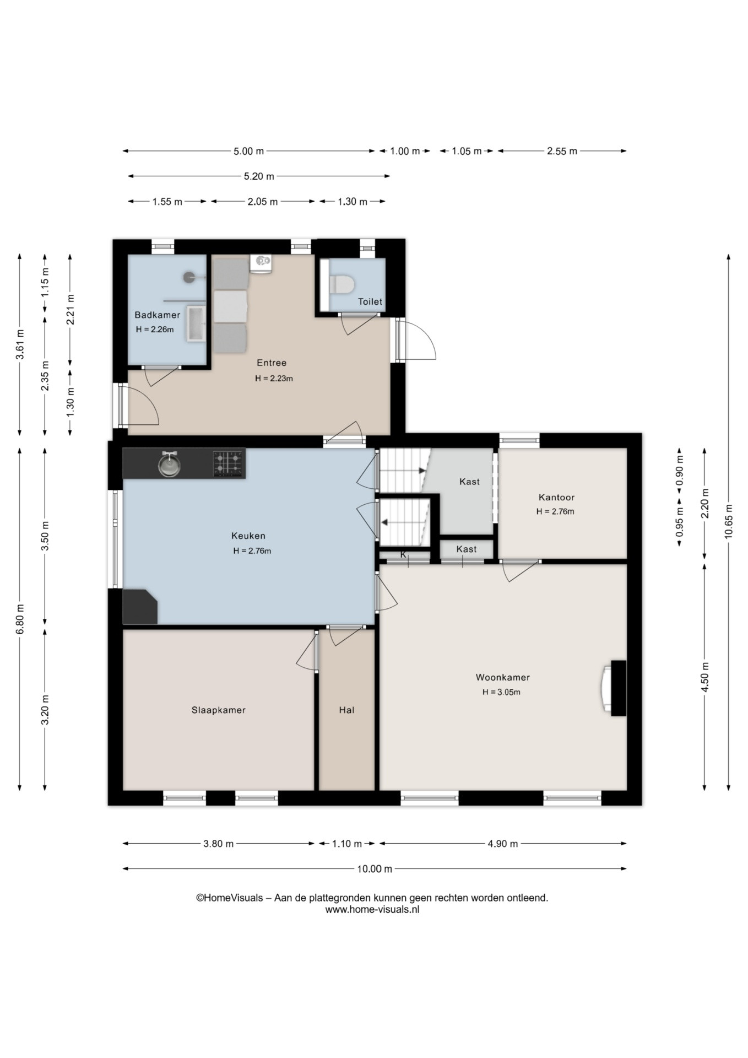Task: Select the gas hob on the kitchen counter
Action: pos(227,463)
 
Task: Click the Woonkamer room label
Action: pos(503,677)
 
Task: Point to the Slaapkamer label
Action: pos(219,710)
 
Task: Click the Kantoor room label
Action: pos(556,497)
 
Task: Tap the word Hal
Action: pos(346,710)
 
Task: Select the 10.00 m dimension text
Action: pos(375,868)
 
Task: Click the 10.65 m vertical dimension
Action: pos(729,521)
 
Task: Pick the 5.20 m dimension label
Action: pos(259,176)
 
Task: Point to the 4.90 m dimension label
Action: pos(503,843)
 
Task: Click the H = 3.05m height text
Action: pos(501,692)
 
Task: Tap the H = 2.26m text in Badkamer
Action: pos(155,330)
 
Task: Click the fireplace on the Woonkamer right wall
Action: pos(615,688)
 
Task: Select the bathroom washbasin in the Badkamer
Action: pos(196,324)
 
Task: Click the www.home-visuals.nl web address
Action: pos(372,909)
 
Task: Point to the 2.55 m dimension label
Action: pos(562,151)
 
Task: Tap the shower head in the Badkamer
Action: pos(189,277)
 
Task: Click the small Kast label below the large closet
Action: pos(467,549)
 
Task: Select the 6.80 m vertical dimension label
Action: pos(20,619)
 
